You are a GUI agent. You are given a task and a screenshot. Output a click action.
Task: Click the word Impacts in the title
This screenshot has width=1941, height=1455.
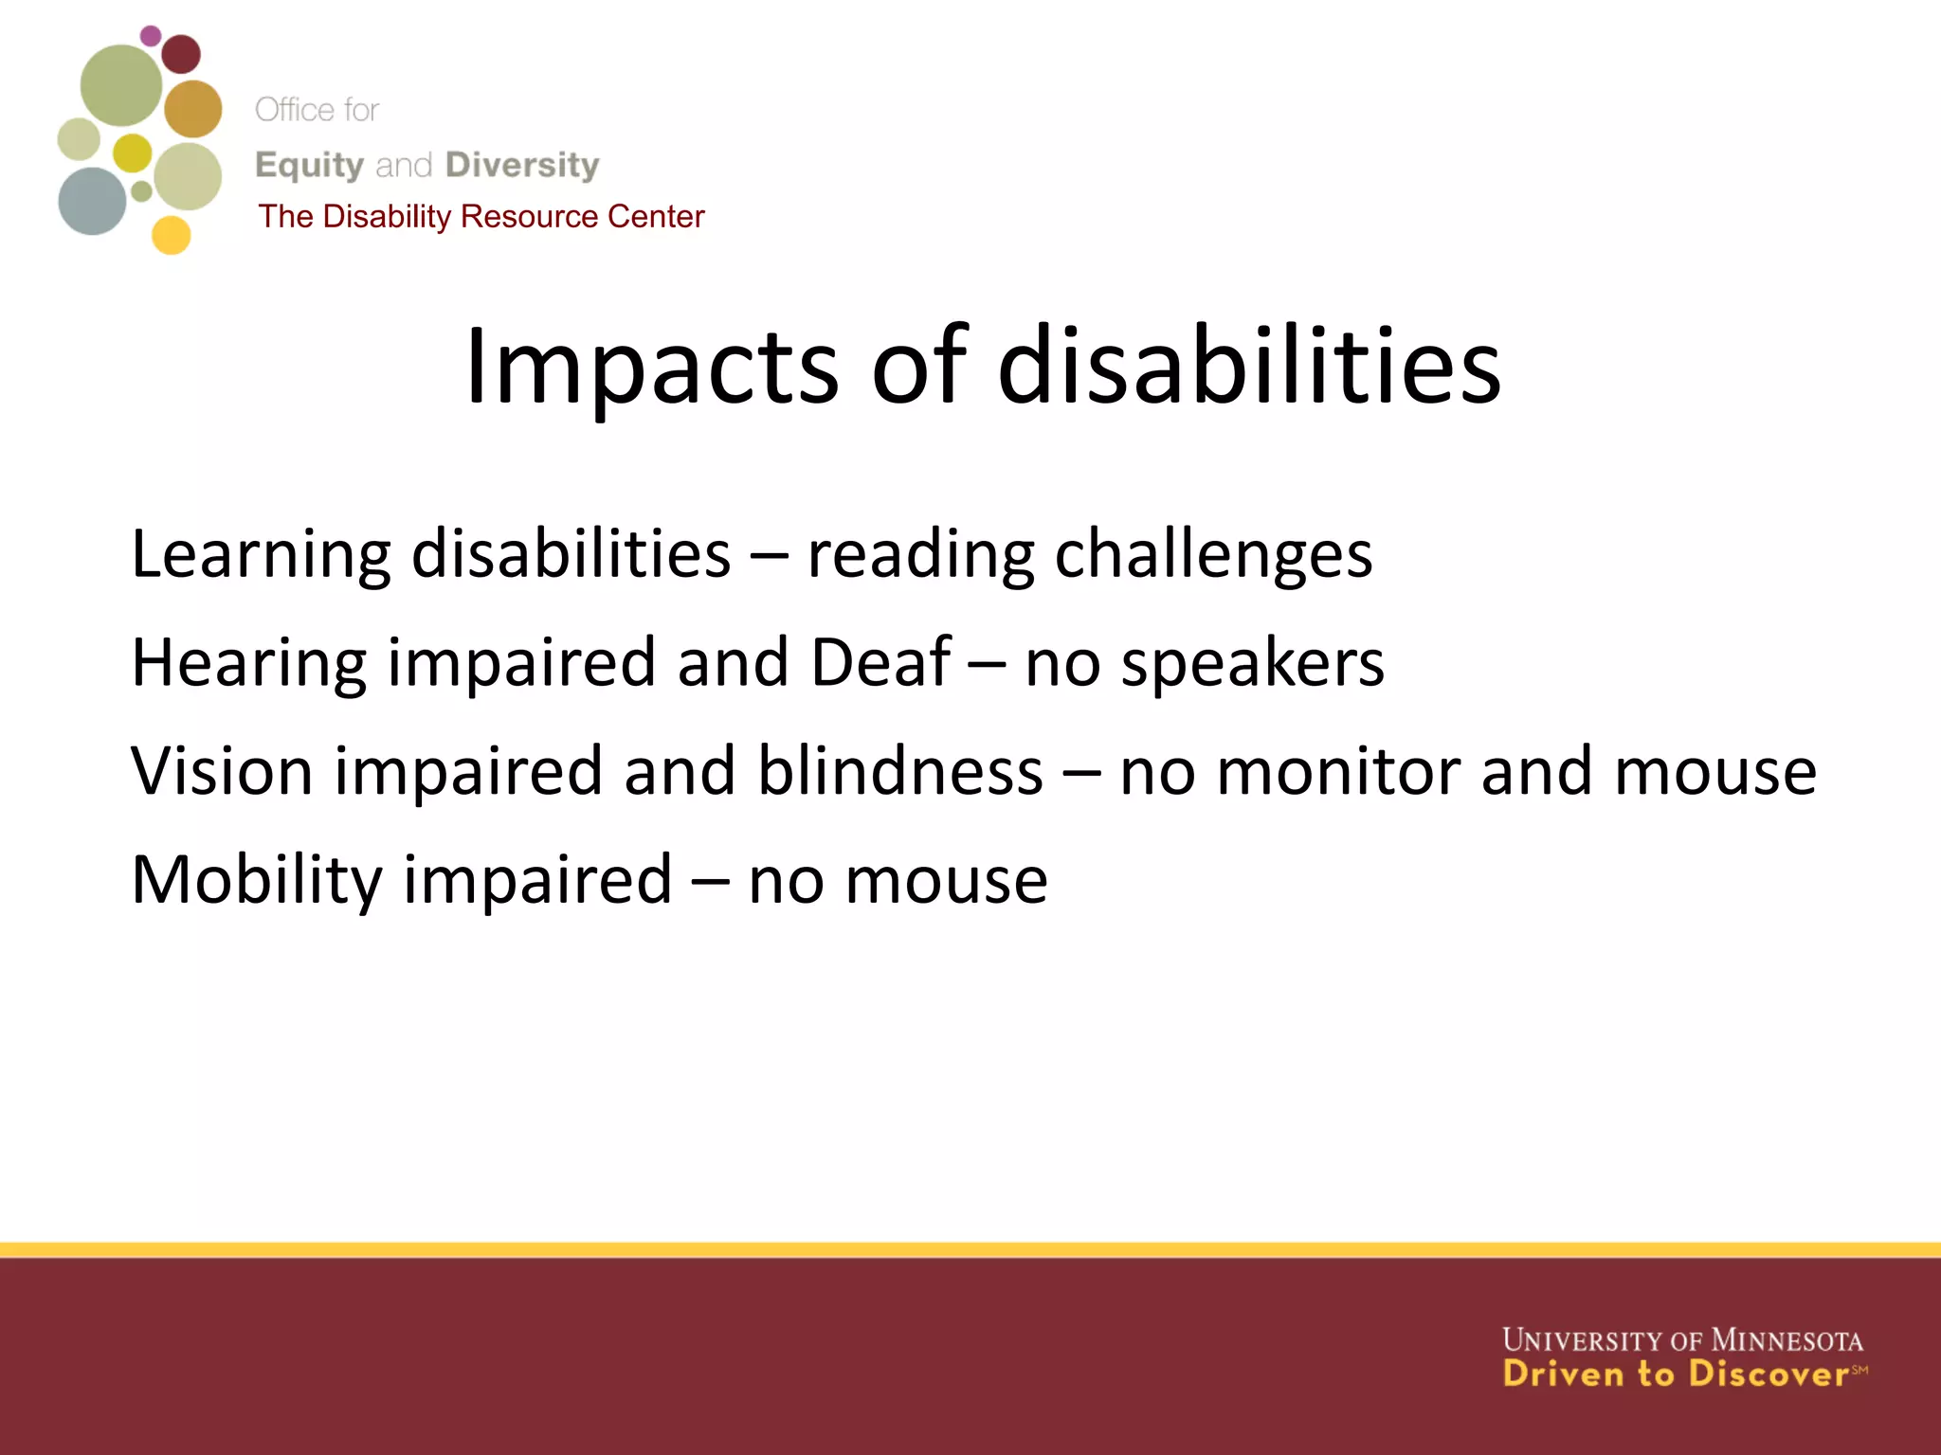pos(651,368)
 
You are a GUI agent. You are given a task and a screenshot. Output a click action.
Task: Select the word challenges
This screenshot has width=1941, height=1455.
pos(1213,555)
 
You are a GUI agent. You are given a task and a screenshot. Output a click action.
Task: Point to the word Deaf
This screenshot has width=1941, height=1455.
pos(880,662)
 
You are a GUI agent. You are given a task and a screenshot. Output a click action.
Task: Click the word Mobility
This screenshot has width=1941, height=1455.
pos(256,881)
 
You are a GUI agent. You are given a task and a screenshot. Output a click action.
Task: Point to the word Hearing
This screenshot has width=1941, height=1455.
pos(248,664)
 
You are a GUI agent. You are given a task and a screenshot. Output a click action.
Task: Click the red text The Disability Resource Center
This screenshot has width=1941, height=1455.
pos(481,217)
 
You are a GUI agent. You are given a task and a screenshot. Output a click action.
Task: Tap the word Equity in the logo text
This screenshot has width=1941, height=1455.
pos(309,165)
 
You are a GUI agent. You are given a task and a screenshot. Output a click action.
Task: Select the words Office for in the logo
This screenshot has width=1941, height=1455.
pos(317,110)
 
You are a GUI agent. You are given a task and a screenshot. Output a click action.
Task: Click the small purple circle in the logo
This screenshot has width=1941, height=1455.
pos(151,36)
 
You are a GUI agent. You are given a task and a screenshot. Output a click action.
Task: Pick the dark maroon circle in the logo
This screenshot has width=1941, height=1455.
pos(181,54)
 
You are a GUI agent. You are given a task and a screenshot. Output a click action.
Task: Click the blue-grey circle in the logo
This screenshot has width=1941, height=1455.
pos(92,201)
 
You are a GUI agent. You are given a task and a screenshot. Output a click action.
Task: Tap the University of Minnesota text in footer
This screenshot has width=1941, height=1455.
pos(1682,1340)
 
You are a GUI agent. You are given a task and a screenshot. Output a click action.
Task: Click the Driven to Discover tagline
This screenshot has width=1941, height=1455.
pos(1676,1374)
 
